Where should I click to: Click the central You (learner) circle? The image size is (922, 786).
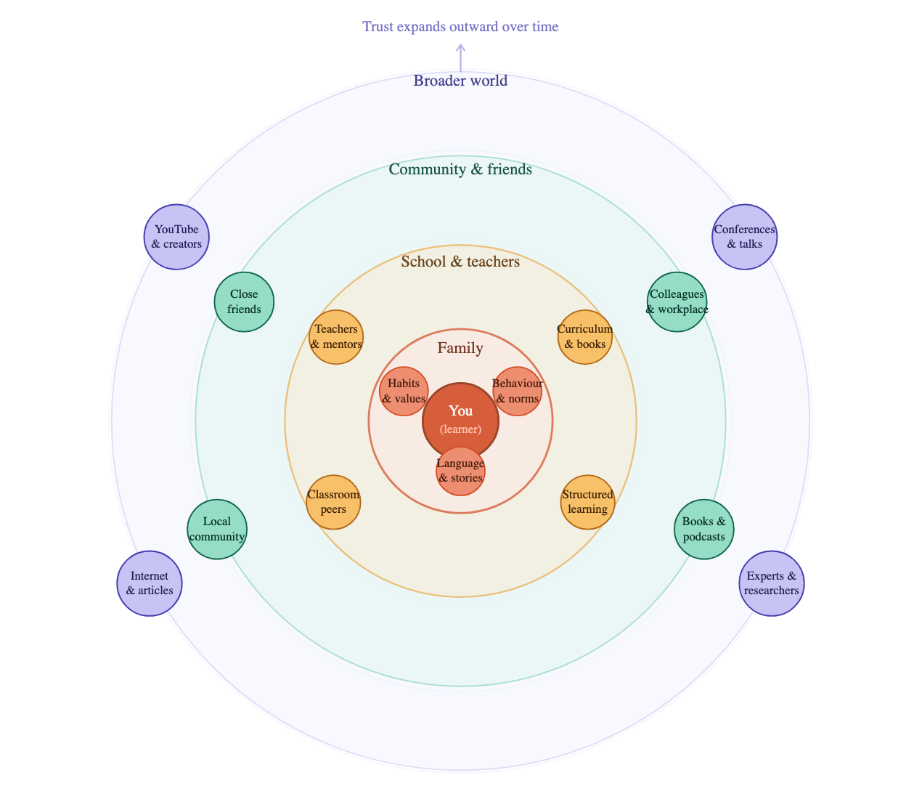(460, 421)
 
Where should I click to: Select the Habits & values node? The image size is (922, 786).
(404, 391)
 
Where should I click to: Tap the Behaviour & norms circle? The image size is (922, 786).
(517, 391)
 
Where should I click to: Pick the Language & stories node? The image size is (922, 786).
(460, 471)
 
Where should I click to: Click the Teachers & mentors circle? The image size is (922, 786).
(336, 336)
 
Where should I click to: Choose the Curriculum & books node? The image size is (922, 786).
(585, 336)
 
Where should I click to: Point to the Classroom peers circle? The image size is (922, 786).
(333, 502)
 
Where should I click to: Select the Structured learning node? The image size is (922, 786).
(587, 502)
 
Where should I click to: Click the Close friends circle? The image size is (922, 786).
(244, 301)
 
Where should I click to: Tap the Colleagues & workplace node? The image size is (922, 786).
(677, 301)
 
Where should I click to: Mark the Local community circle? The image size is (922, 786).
(217, 529)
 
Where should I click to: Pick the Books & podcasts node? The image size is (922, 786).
(703, 529)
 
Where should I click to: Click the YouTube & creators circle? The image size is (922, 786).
(176, 237)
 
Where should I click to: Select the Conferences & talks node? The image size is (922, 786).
(744, 237)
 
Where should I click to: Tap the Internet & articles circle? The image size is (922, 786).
(150, 583)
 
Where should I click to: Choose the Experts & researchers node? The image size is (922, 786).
(771, 583)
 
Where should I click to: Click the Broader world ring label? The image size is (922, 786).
(460, 81)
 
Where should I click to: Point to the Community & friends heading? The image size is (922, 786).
(460, 169)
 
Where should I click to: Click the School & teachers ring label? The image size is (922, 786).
(460, 262)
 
